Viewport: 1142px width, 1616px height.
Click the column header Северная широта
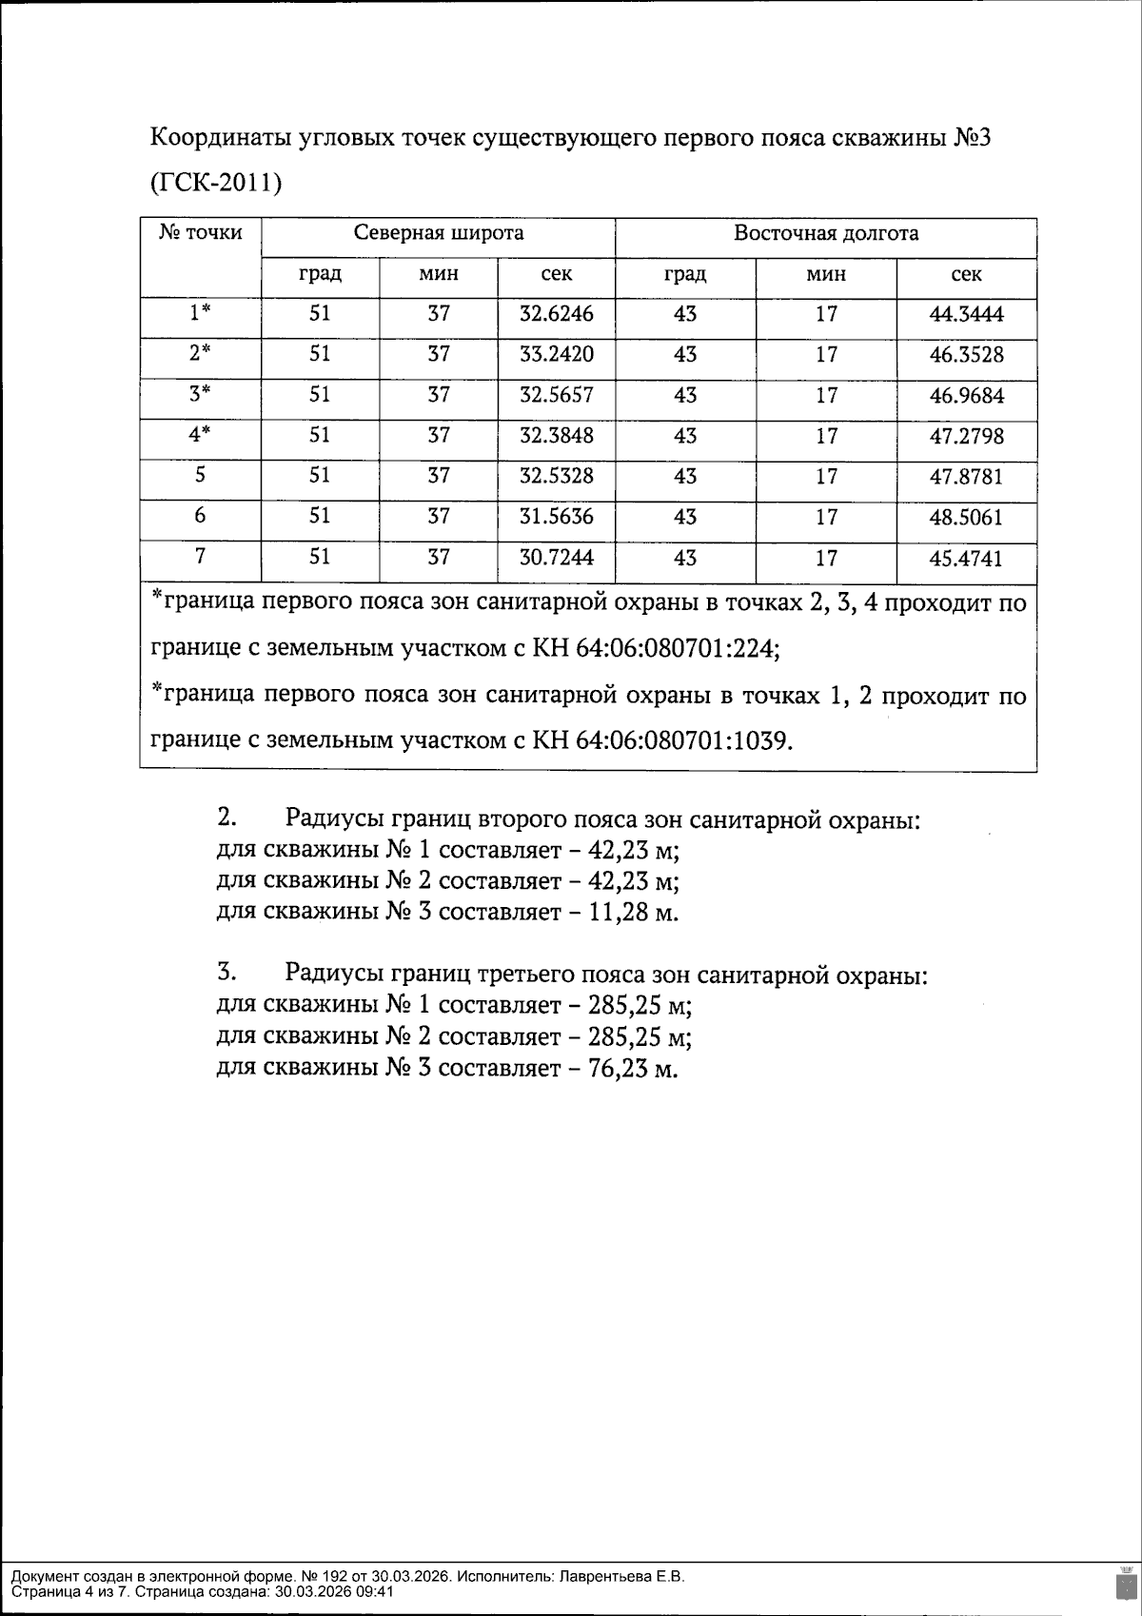click(x=438, y=233)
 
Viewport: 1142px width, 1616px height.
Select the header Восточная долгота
click(x=825, y=233)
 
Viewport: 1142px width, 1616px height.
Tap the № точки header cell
click(x=200, y=232)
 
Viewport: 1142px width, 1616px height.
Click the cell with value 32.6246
click(x=556, y=314)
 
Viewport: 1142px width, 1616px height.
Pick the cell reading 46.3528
click(x=966, y=355)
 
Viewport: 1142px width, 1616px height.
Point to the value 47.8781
click(x=966, y=477)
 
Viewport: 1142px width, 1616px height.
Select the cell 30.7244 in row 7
click(x=556, y=558)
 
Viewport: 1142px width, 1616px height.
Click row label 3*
click(x=200, y=394)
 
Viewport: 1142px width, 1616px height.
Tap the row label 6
click(x=200, y=516)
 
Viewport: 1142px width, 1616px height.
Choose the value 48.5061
click(x=966, y=518)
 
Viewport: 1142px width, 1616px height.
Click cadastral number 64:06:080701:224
click(x=678, y=650)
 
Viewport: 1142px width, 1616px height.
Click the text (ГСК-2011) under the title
click(x=216, y=183)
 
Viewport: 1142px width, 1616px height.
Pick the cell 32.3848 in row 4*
click(x=556, y=436)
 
